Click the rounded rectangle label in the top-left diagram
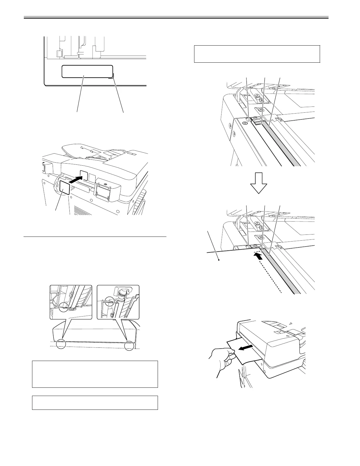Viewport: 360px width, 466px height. coord(87,71)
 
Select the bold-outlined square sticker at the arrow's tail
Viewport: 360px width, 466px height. coord(65,187)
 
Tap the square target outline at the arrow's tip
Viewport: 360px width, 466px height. coord(84,174)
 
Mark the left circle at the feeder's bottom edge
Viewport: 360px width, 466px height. coord(61,344)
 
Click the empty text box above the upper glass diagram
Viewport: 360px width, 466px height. coord(257,54)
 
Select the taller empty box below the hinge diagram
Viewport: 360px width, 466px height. coord(95,374)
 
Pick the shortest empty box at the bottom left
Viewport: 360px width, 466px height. coord(95,403)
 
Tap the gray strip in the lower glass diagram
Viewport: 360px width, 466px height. coord(282,272)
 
